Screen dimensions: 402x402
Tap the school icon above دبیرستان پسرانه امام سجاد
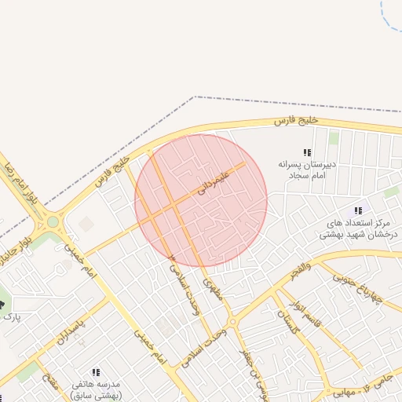click(x=307, y=152)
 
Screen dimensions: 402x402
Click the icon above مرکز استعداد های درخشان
click(x=358, y=210)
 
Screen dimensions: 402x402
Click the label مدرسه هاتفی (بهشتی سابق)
click(x=96, y=390)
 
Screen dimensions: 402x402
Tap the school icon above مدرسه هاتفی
click(x=96, y=372)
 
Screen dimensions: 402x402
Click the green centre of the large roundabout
click(x=53, y=221)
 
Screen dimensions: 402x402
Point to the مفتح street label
click(x=52, y=385)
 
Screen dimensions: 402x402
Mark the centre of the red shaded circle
click(x=201, y=201)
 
